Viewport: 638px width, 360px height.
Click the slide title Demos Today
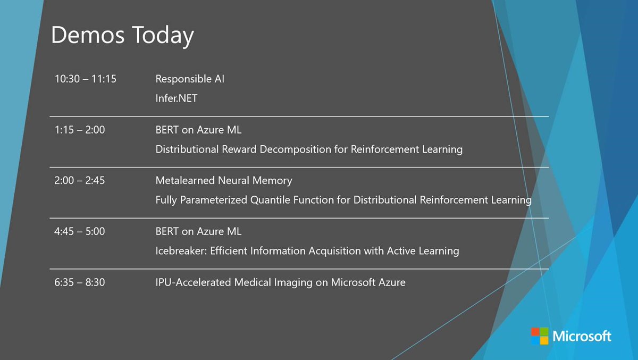122,36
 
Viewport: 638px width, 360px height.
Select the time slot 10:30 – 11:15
86,79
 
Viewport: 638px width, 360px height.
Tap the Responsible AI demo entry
190,79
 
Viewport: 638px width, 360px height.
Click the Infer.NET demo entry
176,98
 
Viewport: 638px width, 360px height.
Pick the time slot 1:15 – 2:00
80,130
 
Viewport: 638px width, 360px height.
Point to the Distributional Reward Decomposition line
309,149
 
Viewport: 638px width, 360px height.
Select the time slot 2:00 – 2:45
80,181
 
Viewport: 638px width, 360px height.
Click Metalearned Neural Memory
224,181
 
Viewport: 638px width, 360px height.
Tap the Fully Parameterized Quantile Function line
343,200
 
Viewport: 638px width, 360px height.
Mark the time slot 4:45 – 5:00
80,232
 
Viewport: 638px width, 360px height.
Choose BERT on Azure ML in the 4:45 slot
198,232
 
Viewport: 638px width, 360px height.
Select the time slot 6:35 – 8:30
80,282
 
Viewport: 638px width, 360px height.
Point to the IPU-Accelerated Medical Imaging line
280,282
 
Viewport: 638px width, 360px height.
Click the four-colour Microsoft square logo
539,336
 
